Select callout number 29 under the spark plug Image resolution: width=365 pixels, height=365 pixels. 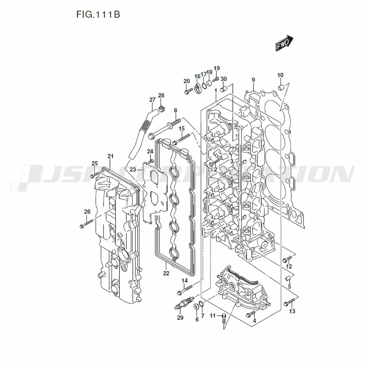pos(180,318)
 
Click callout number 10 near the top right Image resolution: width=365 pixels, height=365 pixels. pos(280,76)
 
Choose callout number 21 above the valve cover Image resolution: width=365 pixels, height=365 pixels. pos(110,156)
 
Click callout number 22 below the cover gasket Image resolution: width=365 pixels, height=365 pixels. pos(166,273)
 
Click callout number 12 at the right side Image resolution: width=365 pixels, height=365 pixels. pos(289,266)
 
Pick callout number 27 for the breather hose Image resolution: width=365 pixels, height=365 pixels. pos(152,100)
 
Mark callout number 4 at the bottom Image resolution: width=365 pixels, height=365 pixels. pos(254,321)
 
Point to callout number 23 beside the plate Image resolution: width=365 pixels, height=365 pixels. pos(132,169)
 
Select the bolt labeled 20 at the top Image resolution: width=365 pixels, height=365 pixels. pos(187,91)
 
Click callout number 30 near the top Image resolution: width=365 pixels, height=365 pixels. pos(224,79)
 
